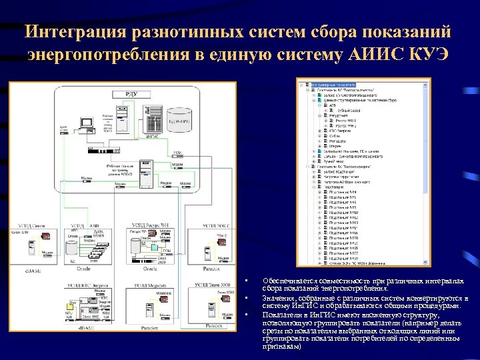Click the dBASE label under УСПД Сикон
33,269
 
